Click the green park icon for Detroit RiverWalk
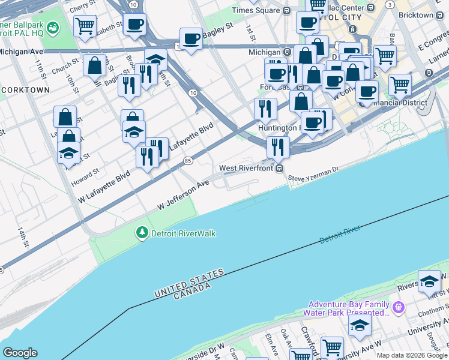(142, 233)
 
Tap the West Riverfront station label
(247, 169)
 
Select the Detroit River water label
(340, 235)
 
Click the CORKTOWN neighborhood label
(25, 89)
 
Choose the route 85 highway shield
(188, 160)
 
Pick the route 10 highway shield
(192, 92)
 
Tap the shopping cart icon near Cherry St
(85, 26)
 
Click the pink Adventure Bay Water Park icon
(399, 308)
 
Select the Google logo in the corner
(20, 352)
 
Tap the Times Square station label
(256, 10)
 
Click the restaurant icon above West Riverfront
(278, 146)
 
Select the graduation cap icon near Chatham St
(429, 281)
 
